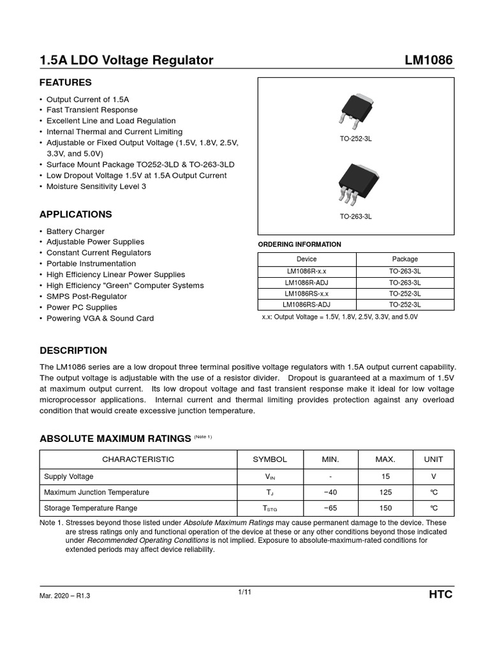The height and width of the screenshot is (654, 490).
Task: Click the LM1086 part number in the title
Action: pyautogui.click(x=429, y=61)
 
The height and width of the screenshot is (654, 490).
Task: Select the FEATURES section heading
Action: pyautogui.click(x=66, y=82)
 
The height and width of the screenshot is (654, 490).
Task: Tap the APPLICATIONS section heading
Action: pyautogui.click(x=75, y=214)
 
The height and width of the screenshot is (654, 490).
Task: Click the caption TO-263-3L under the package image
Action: pyautogui.click(x=355, y=217)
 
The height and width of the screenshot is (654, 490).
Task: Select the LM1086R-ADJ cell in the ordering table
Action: pyautogui.click(x=306, y=282)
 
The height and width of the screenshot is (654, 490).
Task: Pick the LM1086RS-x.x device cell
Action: pyautogui.click(x=306, y=294)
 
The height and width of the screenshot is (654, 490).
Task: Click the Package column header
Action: pyautogui.click(x=405, y=259)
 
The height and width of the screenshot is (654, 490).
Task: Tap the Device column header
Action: pyautogui.click(x=306, y=259)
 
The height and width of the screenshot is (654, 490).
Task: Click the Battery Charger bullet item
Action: pyautogui.click(x=75, y=231)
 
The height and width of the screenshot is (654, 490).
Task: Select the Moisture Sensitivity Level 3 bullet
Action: pyautogui.click(x=96, y=186)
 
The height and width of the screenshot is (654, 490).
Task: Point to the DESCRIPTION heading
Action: pyautogui.click(x=73, y=351)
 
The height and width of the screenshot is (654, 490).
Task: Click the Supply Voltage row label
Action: pyautogui.click(x=68, y=476)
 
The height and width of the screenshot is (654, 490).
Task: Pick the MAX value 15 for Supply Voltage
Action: pyautogui.click(x=385, y=476)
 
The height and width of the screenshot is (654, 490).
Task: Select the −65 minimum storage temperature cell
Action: pyautogui.click(x=330, y=508)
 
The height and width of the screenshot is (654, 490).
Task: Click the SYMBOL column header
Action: pyautogui.click(x=270, y=459)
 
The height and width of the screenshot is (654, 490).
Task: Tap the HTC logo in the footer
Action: pyautogui.click(x=440, y=595)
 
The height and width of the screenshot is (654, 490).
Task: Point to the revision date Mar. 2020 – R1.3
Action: pyautogui.click(x=69, y=596)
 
